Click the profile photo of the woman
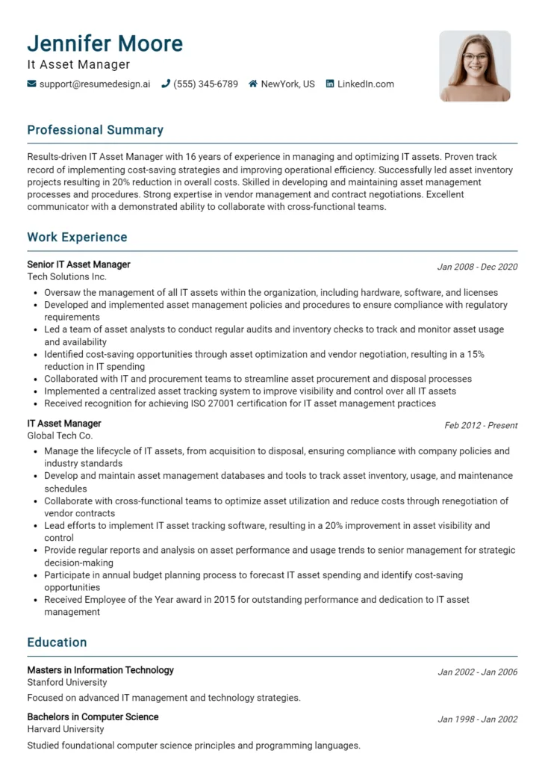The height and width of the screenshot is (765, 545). click(475, 66)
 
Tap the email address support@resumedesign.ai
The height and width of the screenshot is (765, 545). click(95, 84)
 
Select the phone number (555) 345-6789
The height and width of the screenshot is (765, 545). click(205, 84)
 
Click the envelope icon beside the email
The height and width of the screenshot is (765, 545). click(31, 84)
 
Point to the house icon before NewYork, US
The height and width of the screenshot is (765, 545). click(253, 84)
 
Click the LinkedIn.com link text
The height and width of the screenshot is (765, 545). click(365, 84)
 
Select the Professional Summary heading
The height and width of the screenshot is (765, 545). click(95, 130)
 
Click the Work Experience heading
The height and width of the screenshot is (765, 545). click(77, 238)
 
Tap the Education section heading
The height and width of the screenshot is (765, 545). click(57, 642)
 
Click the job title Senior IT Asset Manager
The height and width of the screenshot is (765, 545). click(78, 264)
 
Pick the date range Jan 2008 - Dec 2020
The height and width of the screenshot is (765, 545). click(477, 267)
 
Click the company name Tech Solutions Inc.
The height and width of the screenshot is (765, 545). click(67, 276)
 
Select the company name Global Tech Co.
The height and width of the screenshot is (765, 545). click(60, 436)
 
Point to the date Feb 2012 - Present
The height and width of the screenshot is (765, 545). click(481, 426)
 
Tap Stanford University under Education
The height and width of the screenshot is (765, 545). click(67, 682)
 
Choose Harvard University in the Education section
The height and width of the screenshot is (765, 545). click(66, 729)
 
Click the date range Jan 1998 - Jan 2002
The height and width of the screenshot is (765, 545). click(477, 719)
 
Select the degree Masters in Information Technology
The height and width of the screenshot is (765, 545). click(100, 670)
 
